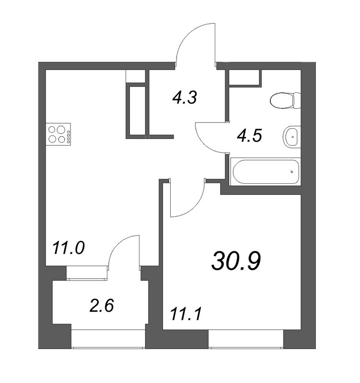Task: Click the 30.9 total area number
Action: pos(236,261)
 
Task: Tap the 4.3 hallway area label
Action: pos(185,98)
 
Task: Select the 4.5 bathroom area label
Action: pos(249,135)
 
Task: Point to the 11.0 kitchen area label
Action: pos(69,248)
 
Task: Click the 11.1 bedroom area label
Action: pos(186,314)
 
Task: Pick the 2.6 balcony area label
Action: pos(102,306)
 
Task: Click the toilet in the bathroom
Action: pos(285,101)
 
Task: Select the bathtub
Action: pos(266,172)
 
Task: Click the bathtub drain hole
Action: pos(292,172)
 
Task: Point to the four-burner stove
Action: pos(58,135)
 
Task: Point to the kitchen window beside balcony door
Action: pos(87,273)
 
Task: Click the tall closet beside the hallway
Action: pos(137,111)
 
